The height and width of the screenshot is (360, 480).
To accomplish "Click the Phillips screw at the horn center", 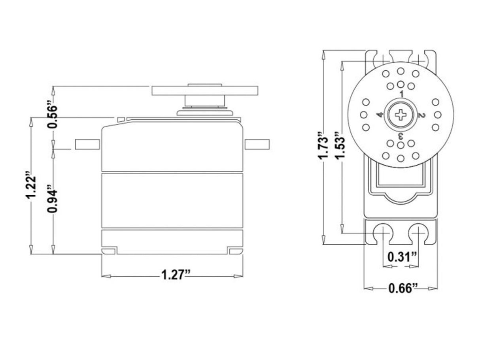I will point(401,115).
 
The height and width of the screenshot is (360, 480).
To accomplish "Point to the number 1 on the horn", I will point(401,94).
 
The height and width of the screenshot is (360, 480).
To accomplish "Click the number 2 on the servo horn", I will point(421,115).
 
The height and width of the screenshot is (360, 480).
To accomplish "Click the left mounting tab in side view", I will point(87,144).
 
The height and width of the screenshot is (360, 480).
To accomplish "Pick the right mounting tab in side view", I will point(257,144).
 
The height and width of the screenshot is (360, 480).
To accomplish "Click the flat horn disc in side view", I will point(205,90).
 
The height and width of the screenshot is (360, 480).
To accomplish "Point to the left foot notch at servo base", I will point(109,251).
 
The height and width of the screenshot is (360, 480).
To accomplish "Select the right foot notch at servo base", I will point(235,251).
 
